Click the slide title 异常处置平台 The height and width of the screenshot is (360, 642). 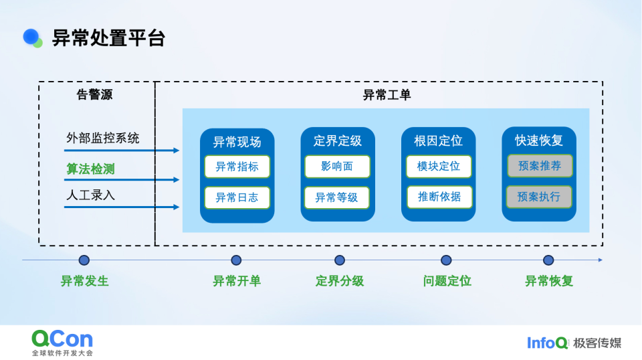[108, 38]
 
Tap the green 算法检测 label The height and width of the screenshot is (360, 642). [90, 169]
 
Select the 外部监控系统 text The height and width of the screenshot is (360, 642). [103, 139]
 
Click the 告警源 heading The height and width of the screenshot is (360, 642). [95, 95]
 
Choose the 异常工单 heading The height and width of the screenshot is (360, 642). [387, 95]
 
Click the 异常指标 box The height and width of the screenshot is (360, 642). [237, 167]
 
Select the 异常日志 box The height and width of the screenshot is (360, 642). [237, 197]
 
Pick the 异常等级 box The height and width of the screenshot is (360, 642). [337, 197]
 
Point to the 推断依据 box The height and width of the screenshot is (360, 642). [439, 197]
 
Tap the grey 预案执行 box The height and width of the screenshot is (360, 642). [539, 197]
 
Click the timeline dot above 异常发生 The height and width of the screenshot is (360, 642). [84, 260]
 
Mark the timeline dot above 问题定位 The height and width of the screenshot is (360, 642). [446, 260]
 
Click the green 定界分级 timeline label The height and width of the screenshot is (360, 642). [340, 281]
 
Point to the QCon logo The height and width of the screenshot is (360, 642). [62, 340]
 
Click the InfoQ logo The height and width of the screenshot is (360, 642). [547, 343]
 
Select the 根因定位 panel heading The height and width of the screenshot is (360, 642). [439, 141]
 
